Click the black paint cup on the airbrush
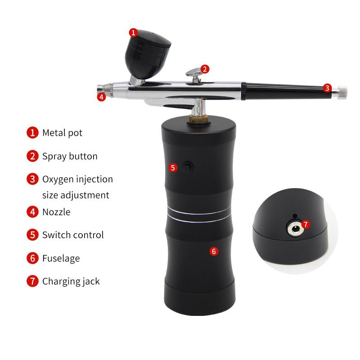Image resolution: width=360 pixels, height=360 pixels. coord(148,54)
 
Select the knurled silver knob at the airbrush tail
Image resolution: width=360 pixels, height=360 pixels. coord(342,93)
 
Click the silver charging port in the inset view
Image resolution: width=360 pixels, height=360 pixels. coord(296,229)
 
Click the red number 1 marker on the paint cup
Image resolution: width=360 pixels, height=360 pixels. coord(133,32)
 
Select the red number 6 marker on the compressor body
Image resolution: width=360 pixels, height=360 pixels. coord(214,252)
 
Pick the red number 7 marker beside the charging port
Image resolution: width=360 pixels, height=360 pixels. coord(306,224)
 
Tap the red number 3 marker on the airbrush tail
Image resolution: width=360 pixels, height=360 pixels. coord(327,88)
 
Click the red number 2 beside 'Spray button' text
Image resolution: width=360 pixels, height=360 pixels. coord(32,156)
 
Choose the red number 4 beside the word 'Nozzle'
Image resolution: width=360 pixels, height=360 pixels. coord(32,211)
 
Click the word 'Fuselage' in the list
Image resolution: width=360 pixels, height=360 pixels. coord(61,258)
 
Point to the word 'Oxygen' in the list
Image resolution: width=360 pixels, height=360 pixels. coord(58,180)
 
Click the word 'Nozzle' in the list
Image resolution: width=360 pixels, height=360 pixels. coord(56,212)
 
